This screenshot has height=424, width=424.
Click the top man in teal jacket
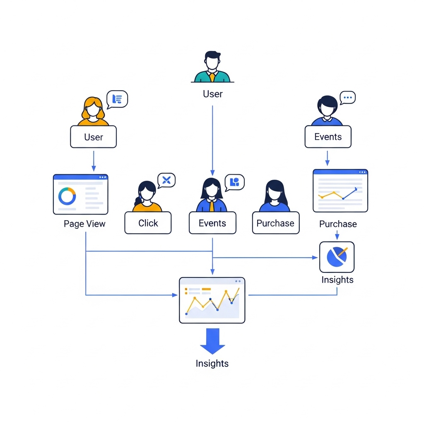pos(212,67)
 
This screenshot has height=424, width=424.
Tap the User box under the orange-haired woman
pos(94,137)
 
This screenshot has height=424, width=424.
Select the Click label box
pos(148,223)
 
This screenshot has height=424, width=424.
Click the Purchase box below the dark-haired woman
pos(275,223)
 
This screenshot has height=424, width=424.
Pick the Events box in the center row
pos(212,223)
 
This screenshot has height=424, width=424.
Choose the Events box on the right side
pos(328,137)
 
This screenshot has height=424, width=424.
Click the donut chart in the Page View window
pos(67,196)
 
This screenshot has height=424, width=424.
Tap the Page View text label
pos(84,224)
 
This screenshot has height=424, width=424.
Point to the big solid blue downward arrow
pos(212,341)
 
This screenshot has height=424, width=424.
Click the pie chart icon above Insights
pos(337,257)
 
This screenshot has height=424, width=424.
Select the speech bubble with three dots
pos(347,98)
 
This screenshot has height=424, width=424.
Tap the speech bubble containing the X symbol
pos(166,180)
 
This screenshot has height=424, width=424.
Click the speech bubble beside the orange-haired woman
pos(117,99)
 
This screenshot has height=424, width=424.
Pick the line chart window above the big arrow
pos(212,300)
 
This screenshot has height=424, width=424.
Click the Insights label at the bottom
pos(212,364)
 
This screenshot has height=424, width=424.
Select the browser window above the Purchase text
pos(340,190)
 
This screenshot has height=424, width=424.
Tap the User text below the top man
pos(212,94)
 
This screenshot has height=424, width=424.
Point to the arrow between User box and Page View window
pos(94,161)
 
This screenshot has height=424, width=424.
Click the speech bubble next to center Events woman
pos(234,182)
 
